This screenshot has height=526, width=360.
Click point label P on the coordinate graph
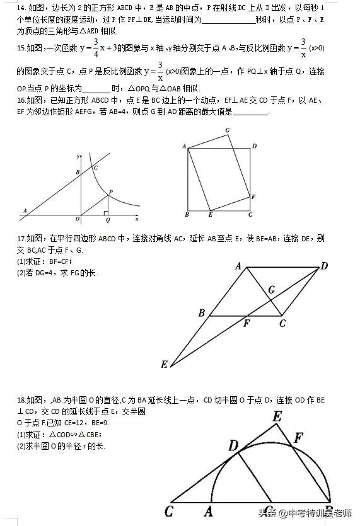(x=110, y=192)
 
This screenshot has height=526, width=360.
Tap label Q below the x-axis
(x=107, y=221)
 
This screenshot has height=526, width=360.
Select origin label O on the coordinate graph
(x=77, y=219)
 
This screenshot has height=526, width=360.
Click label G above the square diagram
(x=227, y=130)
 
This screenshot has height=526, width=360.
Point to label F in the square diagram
(x=253, y=197)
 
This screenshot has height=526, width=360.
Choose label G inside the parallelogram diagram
(x=271, y=290)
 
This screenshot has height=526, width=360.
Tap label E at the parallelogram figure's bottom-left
(x=165, y=365)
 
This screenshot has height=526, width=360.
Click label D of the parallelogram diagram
(x=324, y=266)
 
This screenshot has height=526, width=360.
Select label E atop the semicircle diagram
(x=277, y=416)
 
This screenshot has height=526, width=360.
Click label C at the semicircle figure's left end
(x=168, y=512)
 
